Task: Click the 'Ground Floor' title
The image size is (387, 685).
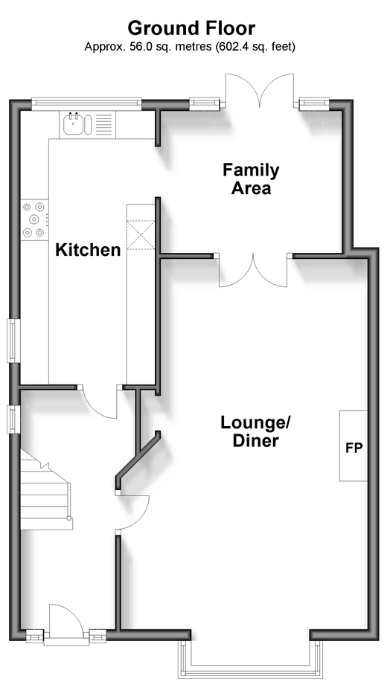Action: (x=191, y=28)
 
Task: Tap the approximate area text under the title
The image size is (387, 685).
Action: (x=190, y=47)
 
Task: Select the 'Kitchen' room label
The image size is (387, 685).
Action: (x=88, y=250)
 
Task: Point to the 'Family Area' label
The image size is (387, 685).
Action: (x=251, y=179)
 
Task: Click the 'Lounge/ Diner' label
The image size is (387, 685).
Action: (x=256, y=431)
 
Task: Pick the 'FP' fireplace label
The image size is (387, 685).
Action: (x=354, y=447)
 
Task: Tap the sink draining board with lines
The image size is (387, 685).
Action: (x=103, y=124)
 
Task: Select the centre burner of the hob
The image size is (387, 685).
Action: (x=33, y=219)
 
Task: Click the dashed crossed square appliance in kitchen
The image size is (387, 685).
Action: (x=141, y=235)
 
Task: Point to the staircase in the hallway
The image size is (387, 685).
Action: (x=45, y=490)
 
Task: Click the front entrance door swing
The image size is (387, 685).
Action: (x=66, y=620)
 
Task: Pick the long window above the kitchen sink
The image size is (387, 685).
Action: (x=86, y=103)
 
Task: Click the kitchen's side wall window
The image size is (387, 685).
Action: (x=13, y=341)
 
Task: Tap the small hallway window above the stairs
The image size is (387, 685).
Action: (x=13, y=419)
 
